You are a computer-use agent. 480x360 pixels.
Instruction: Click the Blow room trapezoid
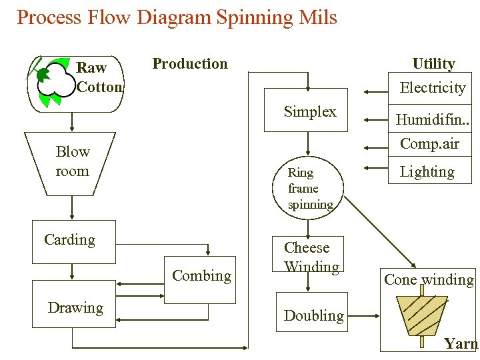point(70,164)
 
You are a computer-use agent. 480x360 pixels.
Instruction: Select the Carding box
point(74,241)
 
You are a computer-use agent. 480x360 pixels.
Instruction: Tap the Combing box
point(200,280)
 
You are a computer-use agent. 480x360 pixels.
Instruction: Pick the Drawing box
point(74,304)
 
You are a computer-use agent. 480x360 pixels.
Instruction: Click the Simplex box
point(306,110)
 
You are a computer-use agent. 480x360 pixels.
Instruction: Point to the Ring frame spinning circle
point(308,187)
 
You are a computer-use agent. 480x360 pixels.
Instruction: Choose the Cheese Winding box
point(308,254)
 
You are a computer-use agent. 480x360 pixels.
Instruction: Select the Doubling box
point(312,312)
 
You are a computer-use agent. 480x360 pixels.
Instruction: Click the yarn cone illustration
point(422,315)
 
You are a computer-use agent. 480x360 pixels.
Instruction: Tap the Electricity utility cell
point(430,88)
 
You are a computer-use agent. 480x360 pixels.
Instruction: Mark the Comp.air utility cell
point(430,144)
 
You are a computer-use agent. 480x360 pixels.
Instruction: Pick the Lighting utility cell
point(430,170)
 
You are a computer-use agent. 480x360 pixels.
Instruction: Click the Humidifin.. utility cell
point(430,118)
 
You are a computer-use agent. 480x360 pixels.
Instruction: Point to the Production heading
point(190,64)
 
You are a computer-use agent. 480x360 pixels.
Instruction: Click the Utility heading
point(434,64)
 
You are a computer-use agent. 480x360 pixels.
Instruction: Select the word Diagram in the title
point(174,17)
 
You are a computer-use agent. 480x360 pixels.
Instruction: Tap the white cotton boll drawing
point(57,80)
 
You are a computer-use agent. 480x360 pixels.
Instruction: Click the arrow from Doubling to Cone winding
point(364,315)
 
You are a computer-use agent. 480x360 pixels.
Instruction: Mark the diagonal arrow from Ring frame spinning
point(380,232)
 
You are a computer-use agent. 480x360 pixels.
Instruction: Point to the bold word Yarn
point(461,343)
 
